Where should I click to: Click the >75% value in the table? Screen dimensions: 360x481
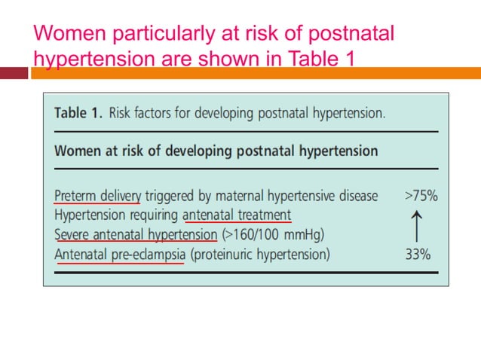pos(421,196)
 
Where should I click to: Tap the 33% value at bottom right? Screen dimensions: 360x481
pos(418,255)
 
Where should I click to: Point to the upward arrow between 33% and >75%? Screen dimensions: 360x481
pos(418,225)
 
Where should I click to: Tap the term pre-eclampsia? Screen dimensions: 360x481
pos(145,255)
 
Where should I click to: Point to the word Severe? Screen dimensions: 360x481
pos(72,235)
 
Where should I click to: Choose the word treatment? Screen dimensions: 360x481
pos(261,215)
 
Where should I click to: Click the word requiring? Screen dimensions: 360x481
pos(154,215)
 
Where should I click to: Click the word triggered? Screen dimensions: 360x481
pos(171,196)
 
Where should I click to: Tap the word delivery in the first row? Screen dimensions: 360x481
pos(119,196)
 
